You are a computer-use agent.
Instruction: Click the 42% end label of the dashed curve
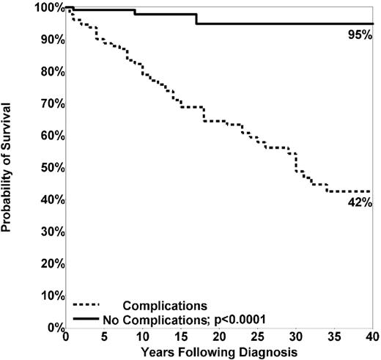click(x=360, y=202)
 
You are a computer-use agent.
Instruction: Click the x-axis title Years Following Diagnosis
click(x=219, y=352)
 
